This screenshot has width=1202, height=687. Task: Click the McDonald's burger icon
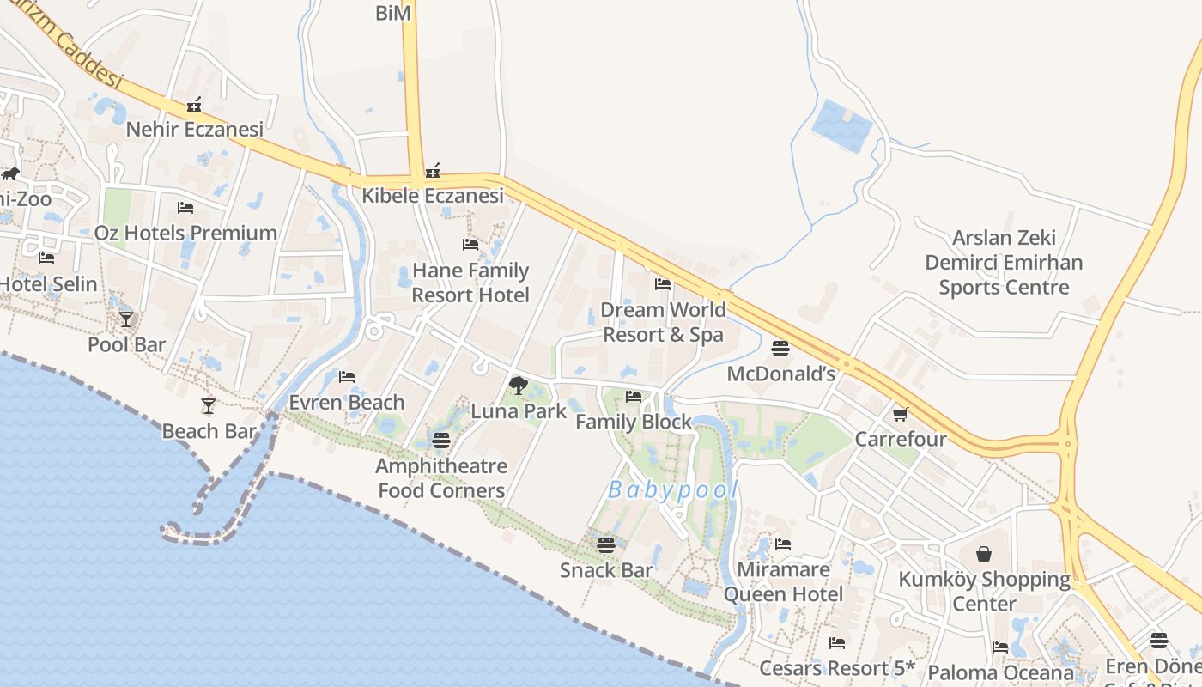(x=780, y=349)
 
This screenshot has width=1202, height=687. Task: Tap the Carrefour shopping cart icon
(x=901, y=415)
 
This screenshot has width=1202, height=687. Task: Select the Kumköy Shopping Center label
(x=984, y=592)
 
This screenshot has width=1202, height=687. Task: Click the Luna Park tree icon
(x=518, y=385)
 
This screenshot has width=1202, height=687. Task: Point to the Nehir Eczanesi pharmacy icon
(x=194, y=105)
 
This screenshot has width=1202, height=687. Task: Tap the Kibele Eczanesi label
(x=432, y=196)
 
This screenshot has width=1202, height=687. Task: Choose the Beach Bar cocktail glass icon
(x=209, y=405)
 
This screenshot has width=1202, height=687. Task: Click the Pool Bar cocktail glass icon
(x=126, y=319)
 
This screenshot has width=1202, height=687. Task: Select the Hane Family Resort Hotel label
(x=470, y=283)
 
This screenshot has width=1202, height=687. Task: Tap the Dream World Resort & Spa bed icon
(x=662, y=284)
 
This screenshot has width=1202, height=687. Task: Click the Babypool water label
(x=673, y=490)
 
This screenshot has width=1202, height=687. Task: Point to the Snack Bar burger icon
(x=606, y=544)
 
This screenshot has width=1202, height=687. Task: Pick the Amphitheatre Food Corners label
(x=441, y=478)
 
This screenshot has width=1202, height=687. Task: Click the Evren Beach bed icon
(x=347, y=377)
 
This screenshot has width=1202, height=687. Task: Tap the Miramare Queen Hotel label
(x=783, y=581)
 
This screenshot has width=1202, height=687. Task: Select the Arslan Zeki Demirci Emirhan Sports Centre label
(x=1004, y=263)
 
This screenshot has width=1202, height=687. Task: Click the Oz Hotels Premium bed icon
(x=185, y=208)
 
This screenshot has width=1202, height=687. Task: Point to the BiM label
(x=393, y=13)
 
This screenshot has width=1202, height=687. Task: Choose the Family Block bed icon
(x=634, y=397)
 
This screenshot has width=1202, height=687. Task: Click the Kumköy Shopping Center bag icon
(x=984, y=554)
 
